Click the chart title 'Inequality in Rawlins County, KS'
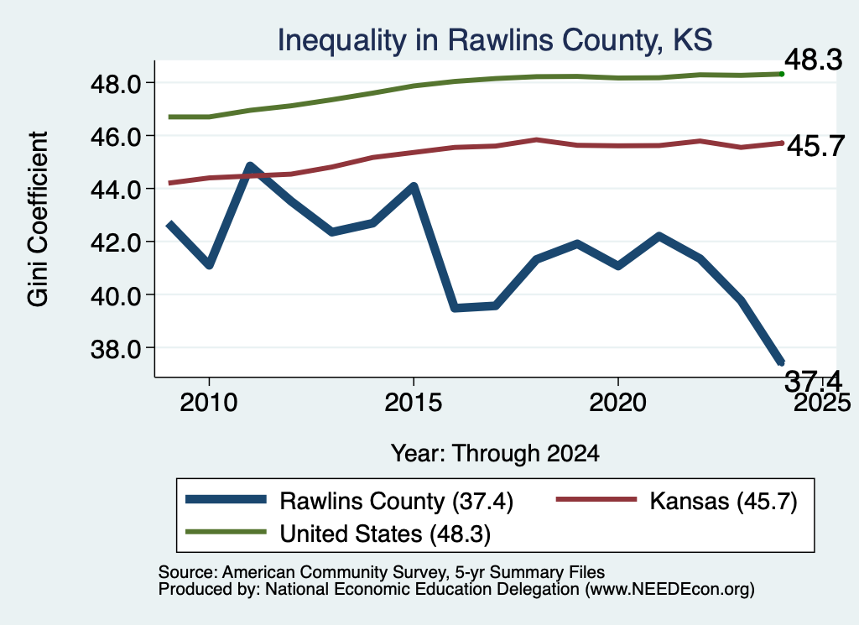(495, 40)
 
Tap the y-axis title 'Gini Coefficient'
(38, 219)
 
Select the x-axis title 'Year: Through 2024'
(495, 454)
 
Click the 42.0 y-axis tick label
(116, 243)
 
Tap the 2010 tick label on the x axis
(209, 403)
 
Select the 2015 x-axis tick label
(413, 403)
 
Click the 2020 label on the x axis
(618, 403)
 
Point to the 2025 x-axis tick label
(822, 403)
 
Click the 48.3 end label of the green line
(814, 60)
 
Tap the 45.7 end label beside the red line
(815, 146)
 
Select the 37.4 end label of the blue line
(814, 381)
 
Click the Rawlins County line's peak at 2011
(250, 165)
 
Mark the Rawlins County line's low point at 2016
(454, 309)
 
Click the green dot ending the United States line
(782, 74)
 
